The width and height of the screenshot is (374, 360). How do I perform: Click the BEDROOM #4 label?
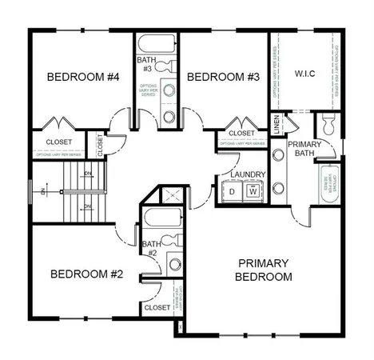coord(83,78)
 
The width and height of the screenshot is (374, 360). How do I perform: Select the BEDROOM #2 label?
coord(86,274)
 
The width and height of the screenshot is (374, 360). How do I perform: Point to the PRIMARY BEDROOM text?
coord(264,270)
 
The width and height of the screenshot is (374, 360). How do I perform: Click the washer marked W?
coord(253,191)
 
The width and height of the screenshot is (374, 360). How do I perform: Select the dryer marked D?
coord(232,192)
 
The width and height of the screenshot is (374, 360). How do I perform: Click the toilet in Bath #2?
coord(171,241)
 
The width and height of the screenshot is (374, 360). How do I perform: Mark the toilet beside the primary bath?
coord(328,124)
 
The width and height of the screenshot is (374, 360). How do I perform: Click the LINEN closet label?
coord(277,126)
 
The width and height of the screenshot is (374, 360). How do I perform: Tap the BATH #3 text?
coord(145,64)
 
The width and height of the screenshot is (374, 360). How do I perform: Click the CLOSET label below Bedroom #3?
coord(241,133)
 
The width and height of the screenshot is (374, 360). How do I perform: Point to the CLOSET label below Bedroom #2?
coord(157,307)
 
